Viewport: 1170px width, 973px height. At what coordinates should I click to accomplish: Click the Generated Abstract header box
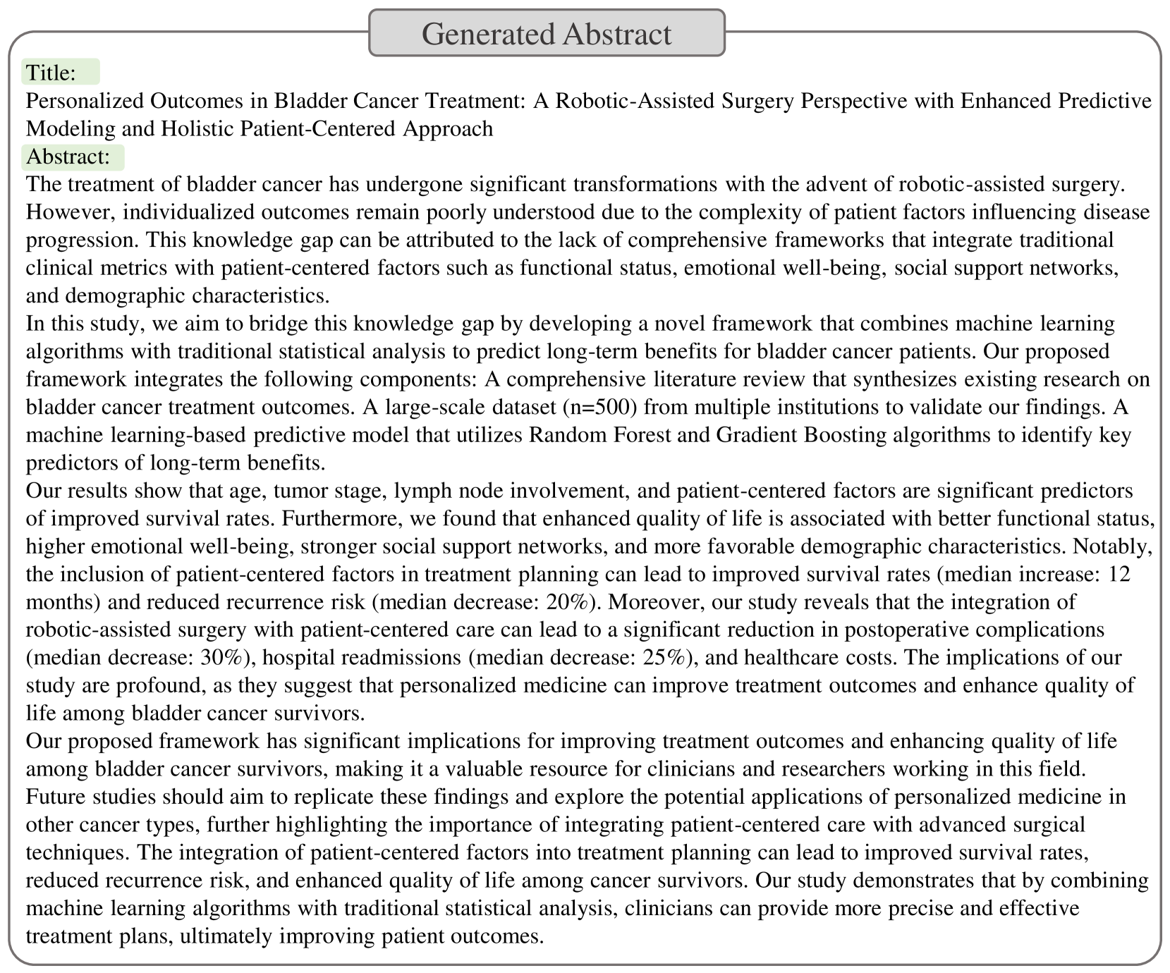click(547, 33)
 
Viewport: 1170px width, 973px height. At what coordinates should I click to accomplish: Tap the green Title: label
click(61, 72)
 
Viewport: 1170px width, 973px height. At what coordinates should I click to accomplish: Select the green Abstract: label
click(73, 157)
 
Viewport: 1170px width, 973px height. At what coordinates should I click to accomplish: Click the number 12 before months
click(1119, 574)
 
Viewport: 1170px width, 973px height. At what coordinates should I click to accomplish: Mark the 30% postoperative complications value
click(225, 658)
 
